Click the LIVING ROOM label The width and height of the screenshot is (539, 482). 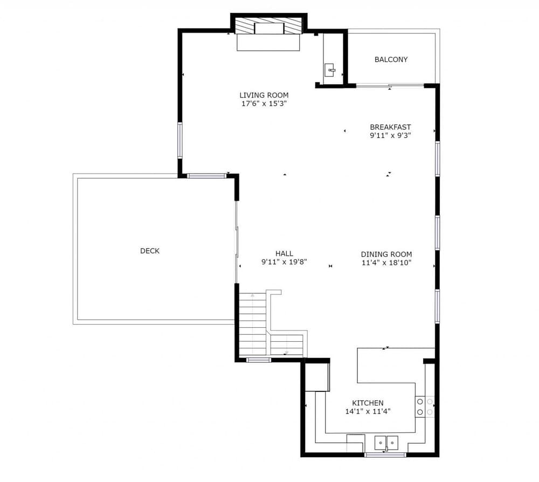[x=264, y=95]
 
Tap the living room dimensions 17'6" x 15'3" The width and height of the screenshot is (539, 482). [x=264, y=104]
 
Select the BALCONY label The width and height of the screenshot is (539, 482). [x=391, y=59]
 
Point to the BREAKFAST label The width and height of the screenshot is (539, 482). [x=390, y=127]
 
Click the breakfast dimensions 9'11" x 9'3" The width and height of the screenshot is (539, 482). [x=390, y=136]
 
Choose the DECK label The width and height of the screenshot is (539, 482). [x=150, y=251]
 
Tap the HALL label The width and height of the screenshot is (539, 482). [x=284, y=253]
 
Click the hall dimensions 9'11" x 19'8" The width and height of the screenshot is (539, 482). [x=284, y=262]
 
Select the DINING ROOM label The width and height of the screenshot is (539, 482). [x=386, y=254]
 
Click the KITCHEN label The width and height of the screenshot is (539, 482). [x=368, y=403]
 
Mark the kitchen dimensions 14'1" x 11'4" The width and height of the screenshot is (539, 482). [x=368, y=411]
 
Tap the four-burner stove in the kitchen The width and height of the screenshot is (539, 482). [x=425, y=407]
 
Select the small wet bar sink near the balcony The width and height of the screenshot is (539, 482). [x=330, y=70]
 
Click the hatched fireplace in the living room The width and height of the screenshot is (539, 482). [x=268, y=28]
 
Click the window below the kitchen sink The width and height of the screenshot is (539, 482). [x=385, y=455]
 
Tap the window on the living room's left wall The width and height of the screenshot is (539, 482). [x=180, y=140]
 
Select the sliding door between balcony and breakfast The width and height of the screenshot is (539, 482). [x=390, y=85]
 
